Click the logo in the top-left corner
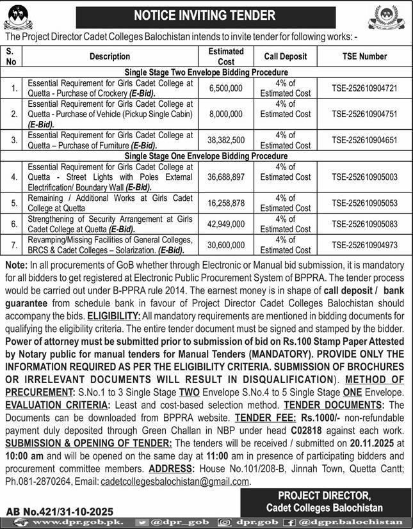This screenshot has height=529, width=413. click(x=21, y=17)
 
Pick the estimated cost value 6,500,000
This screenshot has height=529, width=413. click(x=226, y=88)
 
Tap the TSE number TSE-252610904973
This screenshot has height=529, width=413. click(x=365, y=245)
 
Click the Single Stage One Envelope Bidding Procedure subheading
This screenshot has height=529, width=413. click(x=206, y=156)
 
